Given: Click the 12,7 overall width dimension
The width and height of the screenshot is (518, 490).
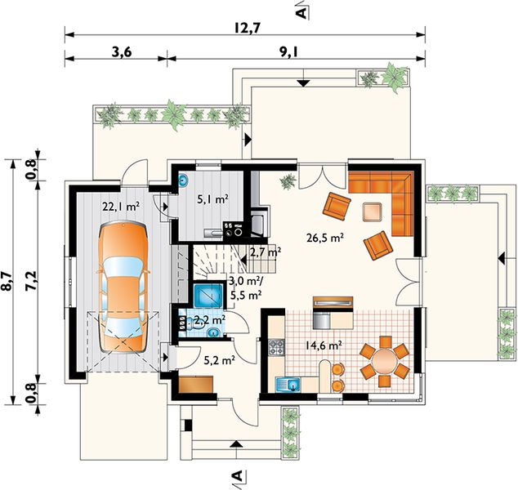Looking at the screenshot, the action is tap(248, 28).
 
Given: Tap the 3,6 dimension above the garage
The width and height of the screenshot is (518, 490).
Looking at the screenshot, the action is tap(122, 51).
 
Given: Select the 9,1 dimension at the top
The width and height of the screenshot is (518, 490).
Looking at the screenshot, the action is tap(289, 51).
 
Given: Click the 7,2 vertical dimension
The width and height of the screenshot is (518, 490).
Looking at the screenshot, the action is tap(31, 281).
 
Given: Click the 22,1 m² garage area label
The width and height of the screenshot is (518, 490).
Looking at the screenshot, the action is tap(121, 207).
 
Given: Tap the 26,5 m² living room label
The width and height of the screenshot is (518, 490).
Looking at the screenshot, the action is tap(325, 238).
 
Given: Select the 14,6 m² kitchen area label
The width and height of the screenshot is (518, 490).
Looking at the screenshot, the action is tap(323, 345).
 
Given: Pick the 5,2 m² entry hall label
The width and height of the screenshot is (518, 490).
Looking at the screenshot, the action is tap(219, 360).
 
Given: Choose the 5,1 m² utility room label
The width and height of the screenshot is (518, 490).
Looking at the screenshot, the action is tap(212, 198).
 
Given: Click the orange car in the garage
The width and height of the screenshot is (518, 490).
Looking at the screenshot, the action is tap(123, 287).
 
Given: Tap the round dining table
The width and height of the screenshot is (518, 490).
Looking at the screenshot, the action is tap(385, 361).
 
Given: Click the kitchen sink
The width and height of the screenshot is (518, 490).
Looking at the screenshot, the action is tap(288, 385).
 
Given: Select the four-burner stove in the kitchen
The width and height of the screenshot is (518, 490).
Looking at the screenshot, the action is tap(276, 347).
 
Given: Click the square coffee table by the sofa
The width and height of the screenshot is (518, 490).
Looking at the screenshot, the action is tap(373, 212).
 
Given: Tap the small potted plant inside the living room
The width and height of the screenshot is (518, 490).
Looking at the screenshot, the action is tap(288, 181).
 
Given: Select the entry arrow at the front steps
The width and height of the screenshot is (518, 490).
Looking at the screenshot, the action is tap(236, 443).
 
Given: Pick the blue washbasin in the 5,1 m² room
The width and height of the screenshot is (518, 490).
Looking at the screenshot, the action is tap(183, 180).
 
